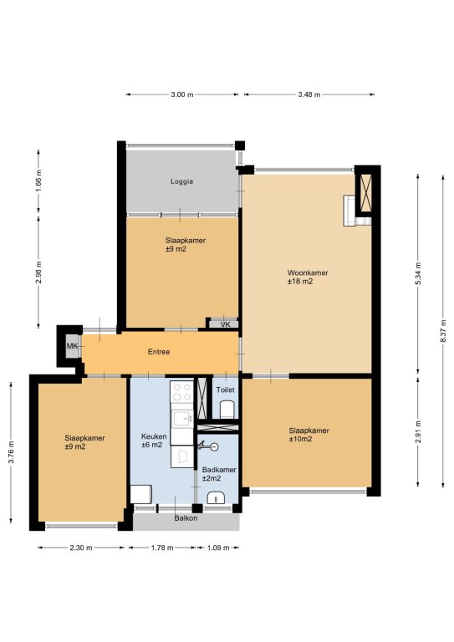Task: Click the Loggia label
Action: (181, 181)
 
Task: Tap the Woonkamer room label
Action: (308, 273)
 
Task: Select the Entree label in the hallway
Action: (159, 352)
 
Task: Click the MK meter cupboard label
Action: (72, 346)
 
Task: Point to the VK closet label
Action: (225, 324)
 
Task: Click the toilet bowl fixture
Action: (227, 410)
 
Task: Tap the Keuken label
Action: (154, 436)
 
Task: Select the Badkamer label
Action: (219, 470)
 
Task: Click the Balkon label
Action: (186, 518)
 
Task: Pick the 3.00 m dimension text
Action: (181, 94)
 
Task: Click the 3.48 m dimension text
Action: (309, 94)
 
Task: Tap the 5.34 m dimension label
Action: (418, 273)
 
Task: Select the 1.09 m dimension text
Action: (218, 548)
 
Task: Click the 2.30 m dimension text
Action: (81, 548)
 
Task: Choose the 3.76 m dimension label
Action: (11, 452)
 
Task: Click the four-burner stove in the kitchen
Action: (181, 392)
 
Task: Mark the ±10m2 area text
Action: (300, 439)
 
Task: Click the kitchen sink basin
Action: (181, 419)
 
